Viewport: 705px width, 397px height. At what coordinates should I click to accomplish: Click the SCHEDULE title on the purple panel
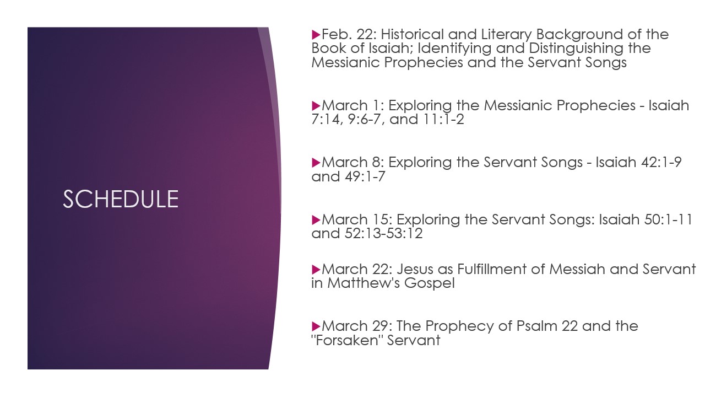click(121, 199)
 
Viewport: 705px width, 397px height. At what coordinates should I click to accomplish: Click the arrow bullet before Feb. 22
click(316, 35)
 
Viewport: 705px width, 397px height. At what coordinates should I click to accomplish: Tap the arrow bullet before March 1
click(316, 106)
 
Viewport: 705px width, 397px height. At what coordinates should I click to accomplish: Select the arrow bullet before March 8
click(316, 163)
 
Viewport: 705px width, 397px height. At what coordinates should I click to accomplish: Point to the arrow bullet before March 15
click(316, 220)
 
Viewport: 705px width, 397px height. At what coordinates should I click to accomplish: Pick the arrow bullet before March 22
click(316, 270)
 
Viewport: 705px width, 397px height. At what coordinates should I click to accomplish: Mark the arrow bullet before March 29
click(316, 326)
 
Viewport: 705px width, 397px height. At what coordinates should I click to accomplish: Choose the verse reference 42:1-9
click(661, 163)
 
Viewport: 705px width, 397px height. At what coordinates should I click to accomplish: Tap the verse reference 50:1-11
click(668, 219)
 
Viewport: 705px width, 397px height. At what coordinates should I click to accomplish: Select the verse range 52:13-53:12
click(384, 234)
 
